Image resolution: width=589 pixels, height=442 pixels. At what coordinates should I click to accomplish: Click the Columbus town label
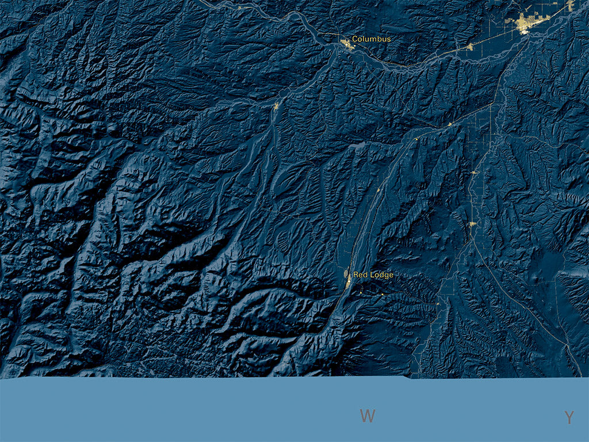(x=371, y=39)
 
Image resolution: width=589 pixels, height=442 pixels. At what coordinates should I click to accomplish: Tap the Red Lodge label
(x=373, y=275)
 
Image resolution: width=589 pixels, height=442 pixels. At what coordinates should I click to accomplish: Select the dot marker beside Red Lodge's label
(x=349, y=281)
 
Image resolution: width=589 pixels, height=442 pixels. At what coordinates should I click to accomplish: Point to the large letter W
(x=368, y=416)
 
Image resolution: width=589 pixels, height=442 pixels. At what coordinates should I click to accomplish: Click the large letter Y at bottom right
(x=569, y=418)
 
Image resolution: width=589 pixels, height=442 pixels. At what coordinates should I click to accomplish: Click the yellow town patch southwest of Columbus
(x=277, y=106)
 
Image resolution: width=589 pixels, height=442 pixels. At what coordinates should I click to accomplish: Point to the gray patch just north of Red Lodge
(x=346, y=272)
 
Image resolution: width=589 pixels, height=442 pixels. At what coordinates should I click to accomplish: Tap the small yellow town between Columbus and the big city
(x=469, y=47)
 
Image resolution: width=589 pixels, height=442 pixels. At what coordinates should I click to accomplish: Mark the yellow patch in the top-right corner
(x=570, y=5)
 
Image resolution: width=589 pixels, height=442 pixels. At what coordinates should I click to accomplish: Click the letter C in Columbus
(x=355, y=39)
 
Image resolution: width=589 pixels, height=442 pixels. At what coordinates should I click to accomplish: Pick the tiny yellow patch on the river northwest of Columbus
(x=239, y=7)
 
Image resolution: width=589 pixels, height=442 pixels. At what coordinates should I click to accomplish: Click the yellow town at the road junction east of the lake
(x=450, y=124)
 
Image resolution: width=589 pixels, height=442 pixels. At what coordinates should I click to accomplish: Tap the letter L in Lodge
(x=372, y=275)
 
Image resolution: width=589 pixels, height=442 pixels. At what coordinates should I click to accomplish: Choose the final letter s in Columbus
(x=388, y=39)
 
